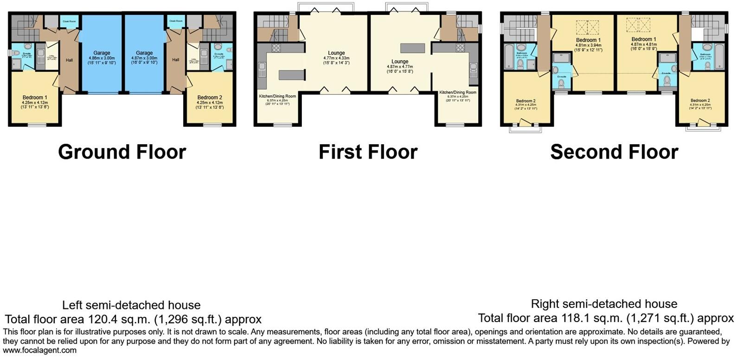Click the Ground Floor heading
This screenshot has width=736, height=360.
coord(122,152)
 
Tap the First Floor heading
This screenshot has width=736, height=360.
coord(368,152)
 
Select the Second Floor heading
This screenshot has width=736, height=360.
coord(614,152)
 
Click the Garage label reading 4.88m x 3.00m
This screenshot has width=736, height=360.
coord(102,58)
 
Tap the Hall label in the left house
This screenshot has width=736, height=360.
coord(69,60)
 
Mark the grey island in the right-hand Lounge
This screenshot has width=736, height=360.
coord(413,48)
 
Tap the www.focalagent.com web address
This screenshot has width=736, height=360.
coord(40,350)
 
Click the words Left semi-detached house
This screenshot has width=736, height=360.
coord(131,305)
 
